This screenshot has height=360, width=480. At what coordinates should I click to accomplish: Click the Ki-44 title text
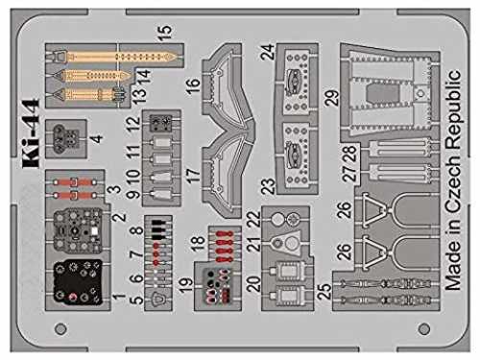point(31,133)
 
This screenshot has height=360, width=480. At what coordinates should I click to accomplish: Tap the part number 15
point(165,33)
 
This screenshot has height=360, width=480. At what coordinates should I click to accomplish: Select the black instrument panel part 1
point(78,282)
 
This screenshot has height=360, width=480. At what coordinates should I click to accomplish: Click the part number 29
point(331,98)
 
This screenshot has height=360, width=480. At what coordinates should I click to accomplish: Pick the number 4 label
point(97,138)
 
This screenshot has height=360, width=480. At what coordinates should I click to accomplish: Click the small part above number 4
point(66,138)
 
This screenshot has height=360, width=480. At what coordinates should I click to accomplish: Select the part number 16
point(193,84)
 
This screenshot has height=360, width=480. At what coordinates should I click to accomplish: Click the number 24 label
point(268,52)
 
